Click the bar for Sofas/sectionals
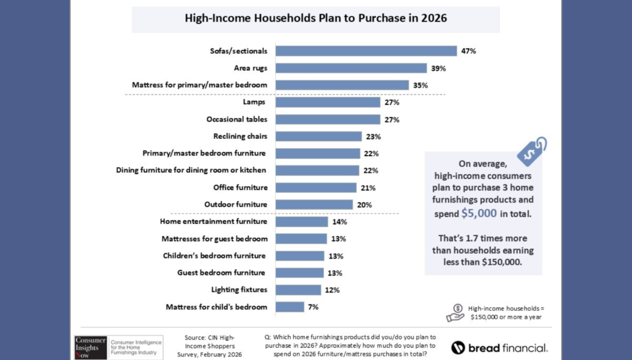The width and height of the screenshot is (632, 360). [365, 51]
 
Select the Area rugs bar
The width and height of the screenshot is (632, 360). [351, 68]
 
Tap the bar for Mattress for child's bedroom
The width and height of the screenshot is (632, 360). [289, 307]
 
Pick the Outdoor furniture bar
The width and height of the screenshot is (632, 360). [314, 204]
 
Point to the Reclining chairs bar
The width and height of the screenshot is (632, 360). [318, 136]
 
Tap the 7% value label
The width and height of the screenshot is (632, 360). [314, 307]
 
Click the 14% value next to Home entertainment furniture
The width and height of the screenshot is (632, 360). [339, 222]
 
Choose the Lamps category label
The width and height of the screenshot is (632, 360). [255, 102]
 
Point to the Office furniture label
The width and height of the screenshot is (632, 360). [240, 188]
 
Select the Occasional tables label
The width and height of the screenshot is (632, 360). [236, 119]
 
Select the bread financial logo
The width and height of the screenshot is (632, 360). [498, 347]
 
